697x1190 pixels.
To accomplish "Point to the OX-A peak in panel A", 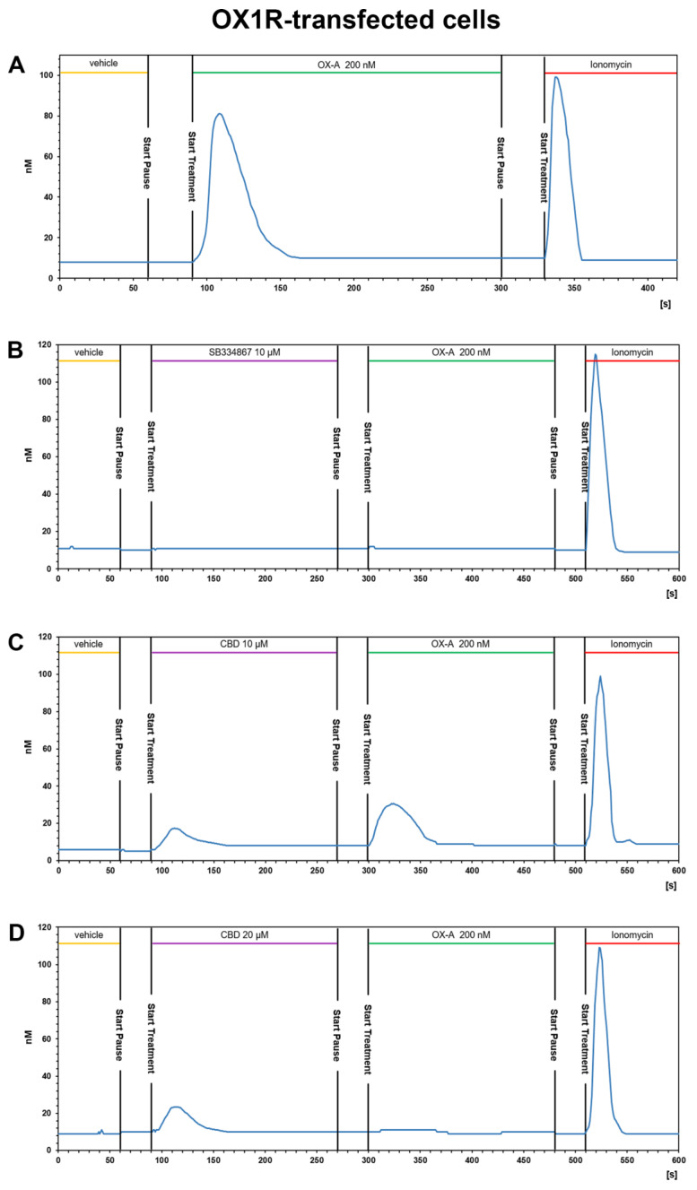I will tap(219, 114).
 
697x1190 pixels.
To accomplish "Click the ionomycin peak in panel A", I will tap(556, 77).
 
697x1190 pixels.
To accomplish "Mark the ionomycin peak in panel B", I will tap(595, 355).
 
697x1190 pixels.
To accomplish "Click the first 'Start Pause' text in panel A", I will tap(147, 163).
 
